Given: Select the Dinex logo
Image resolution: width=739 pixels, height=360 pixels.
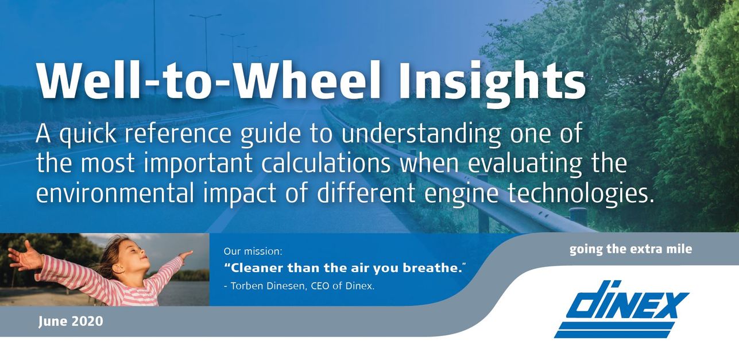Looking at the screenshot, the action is click(x=621, y=309).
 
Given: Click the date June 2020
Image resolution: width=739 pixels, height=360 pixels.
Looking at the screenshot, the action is click(x=71, y=322).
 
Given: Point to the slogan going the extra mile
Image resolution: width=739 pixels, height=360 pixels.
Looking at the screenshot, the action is click(x=630, y=249).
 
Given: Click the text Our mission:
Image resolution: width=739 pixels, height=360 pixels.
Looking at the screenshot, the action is click(x=253, y=251).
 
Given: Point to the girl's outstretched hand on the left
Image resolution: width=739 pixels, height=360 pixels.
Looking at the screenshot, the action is click(x=24, y=256).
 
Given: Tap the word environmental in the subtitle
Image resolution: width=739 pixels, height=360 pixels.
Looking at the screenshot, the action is click(x=114, y=193).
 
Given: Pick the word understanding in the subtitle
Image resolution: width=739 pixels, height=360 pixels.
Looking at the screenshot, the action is click(x=421, y=134).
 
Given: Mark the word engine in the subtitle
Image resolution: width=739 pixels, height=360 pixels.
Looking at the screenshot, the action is click(x=461, y=195).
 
